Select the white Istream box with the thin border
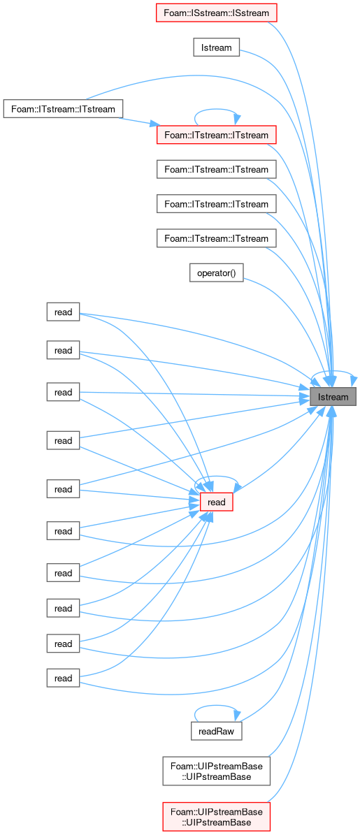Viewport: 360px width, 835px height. tap(216, 48)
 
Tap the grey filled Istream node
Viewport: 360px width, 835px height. tap(333, 397)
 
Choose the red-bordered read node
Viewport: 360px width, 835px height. tap(217, 502)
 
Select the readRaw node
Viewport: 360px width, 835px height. tap(217, 731)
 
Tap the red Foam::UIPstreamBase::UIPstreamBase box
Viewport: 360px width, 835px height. tap(216, 813)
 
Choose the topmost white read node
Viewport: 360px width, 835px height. tap(63, 312)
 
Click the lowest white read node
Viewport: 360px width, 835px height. tap(63, 678)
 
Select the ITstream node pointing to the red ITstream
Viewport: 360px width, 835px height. tap(64, 109)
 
